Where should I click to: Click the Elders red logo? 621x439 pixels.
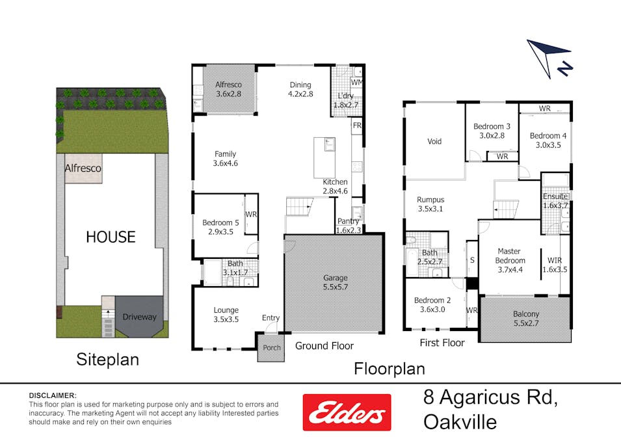[x=347, y=412]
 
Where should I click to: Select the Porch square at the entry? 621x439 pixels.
[x=271, y=347]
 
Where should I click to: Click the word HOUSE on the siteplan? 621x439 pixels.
[x=111, y=237]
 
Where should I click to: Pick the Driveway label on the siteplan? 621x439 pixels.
[x=139, y=317]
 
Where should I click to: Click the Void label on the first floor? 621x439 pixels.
[x=434, y=141]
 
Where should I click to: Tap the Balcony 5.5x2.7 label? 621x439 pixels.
[x=525, y=318]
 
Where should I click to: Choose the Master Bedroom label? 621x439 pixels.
[x=511, y=256]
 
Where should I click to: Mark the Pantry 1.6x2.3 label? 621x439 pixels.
[x=349, y=225]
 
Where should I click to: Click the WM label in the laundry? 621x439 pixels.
[x=356, y=83]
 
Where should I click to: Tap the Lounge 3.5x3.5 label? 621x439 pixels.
[x=226, y=315]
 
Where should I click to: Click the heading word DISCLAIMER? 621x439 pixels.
[x=53, y=395]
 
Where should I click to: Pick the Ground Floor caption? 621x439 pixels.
[x=324, y=345]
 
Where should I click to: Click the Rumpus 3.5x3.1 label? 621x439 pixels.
[x=430, y=204]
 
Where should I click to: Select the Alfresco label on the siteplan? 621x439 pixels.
[x=83, y=168]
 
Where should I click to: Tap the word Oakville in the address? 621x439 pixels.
[x=460, y=421]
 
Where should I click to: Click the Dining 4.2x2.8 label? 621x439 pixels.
[x=300, y=89]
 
